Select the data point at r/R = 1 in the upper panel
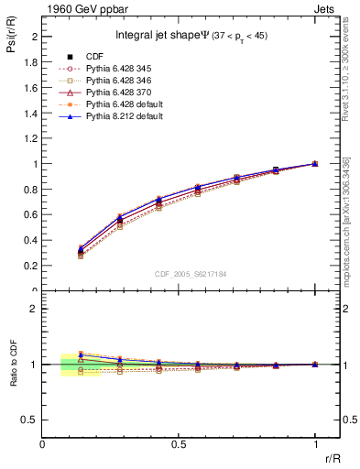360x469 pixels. click(315, 164)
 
